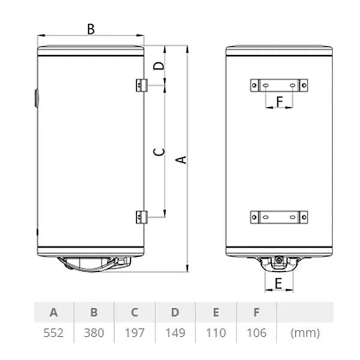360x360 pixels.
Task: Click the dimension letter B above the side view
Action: point(91,29)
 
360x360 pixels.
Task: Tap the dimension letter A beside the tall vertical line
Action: point(181,160)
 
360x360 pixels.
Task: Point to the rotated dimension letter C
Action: point(159,152)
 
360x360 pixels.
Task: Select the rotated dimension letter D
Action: point(159,66)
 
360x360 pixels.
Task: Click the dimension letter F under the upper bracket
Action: point(279,102)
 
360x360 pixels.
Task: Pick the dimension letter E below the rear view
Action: point(278,283)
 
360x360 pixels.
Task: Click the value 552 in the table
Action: point(53,332)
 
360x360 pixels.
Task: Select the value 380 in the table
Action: point(94,332)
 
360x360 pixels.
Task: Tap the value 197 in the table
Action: point(134,332)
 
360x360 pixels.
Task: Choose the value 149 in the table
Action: point(175,332)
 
